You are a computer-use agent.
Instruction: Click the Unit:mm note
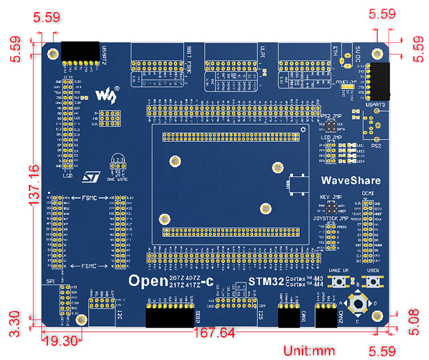pyautogui.click(x=309, y=350)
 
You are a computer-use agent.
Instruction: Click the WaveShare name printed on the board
pyautogui.click(x=351, y=181)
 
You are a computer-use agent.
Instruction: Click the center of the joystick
pyautogui.click(x=359, y=303)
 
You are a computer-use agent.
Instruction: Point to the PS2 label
pyautogui.click(x=376, y=145)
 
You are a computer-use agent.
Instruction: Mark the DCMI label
pyautogui.click(x=367, y=194)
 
